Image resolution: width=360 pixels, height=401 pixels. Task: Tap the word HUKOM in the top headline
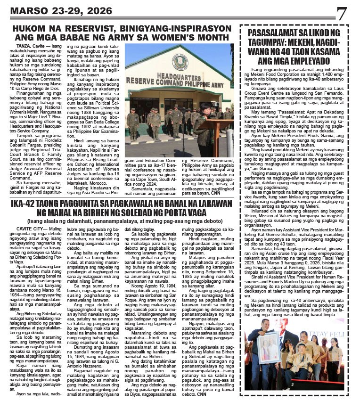click(x=31, y=28)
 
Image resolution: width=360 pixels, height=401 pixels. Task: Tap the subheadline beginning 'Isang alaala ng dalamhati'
click(x=123, y=221)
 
